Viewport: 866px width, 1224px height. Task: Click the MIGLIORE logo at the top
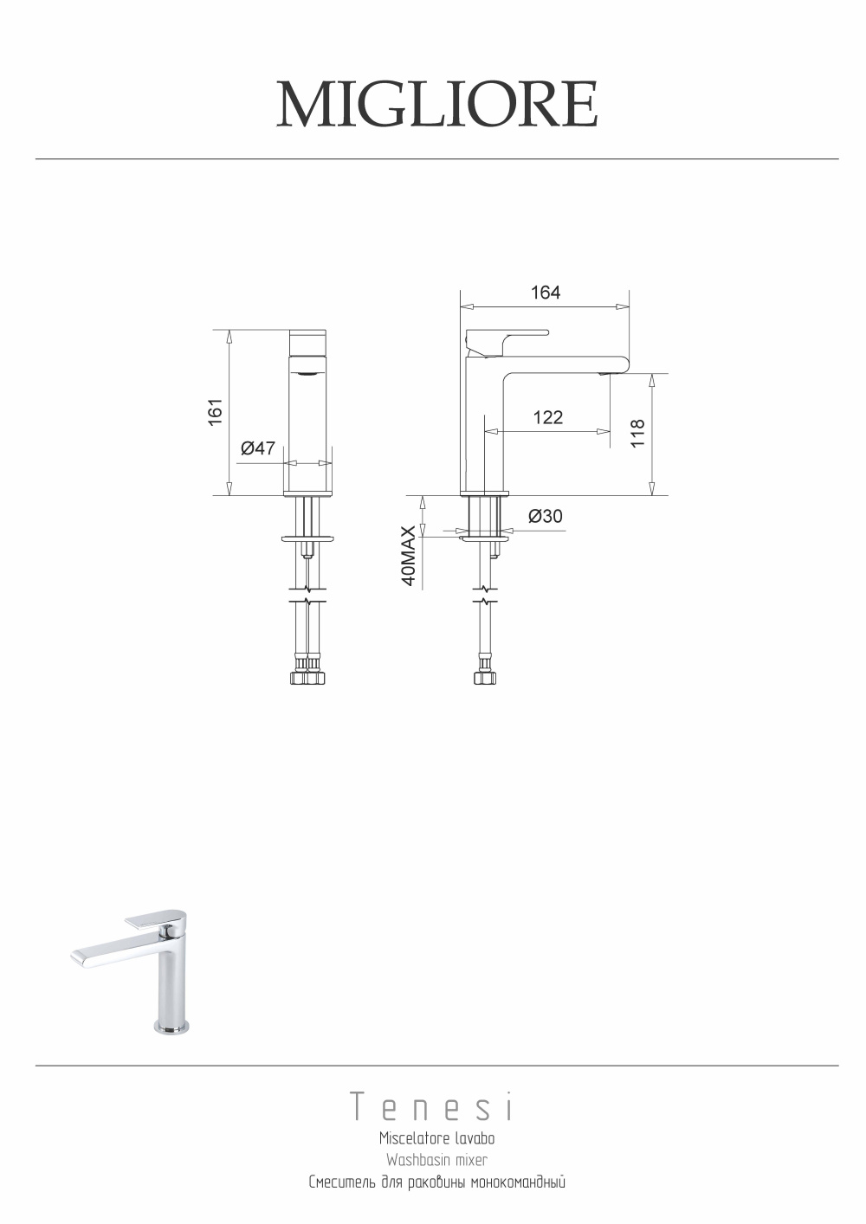coord(436,105)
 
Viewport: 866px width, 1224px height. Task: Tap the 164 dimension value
coord(546,293)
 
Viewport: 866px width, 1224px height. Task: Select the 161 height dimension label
coord(216,412)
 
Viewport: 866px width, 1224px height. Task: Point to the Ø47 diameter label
coord(257,448)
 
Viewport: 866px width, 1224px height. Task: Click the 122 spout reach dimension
coord(548,417)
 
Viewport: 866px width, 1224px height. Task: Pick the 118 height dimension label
coord(637,434)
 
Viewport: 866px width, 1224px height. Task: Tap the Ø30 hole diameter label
coord(545,516)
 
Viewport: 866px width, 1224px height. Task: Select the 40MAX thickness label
coord(409,557)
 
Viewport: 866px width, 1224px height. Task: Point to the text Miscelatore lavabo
coord(436,1139)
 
